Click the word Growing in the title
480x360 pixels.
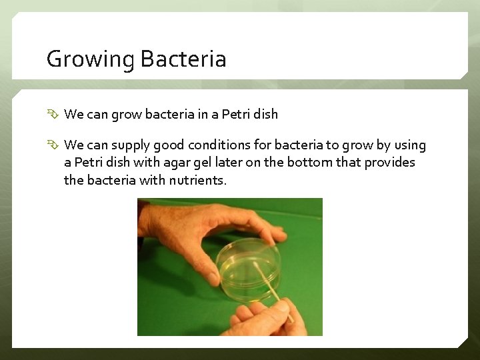tap(91, 59)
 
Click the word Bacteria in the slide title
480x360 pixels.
tap(183, 59)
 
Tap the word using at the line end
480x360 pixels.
tap(409, 145)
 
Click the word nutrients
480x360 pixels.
tap(197, 180)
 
